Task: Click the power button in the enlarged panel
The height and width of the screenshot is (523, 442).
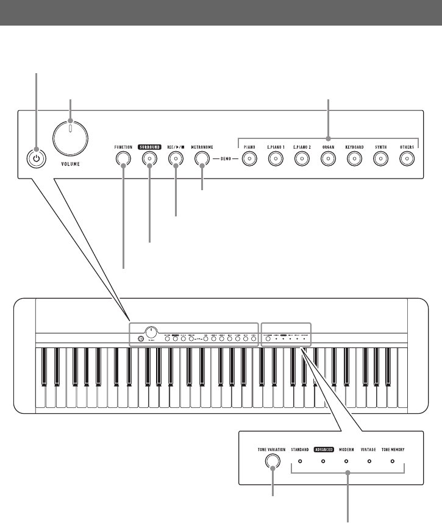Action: coord(36,158)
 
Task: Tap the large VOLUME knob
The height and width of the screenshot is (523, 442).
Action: coord(70,137)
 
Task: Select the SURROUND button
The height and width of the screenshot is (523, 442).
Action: coord(149,159)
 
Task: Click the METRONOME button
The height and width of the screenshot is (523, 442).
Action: coord(202,159)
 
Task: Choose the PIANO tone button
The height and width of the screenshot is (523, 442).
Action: coord(249,159)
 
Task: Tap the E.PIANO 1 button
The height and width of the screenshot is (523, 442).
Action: coord(276,159)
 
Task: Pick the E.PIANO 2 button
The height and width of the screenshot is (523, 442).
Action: coord(302,159)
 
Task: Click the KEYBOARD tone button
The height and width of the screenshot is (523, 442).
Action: coord(354,159)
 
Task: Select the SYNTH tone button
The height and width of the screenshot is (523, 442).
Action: coord(380,159)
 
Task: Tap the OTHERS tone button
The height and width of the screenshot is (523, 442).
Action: coord(407,159)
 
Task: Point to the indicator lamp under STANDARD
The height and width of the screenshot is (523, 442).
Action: coord(300,461)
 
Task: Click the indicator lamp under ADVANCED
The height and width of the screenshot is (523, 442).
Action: coord(323,461)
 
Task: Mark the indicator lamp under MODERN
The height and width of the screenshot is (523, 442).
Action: coord(346,461)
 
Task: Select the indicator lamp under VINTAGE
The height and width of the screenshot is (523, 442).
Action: coord(369,461)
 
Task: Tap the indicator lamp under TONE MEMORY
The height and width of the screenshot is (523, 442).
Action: coord(393,461)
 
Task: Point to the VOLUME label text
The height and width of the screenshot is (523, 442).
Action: coord(71,164)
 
